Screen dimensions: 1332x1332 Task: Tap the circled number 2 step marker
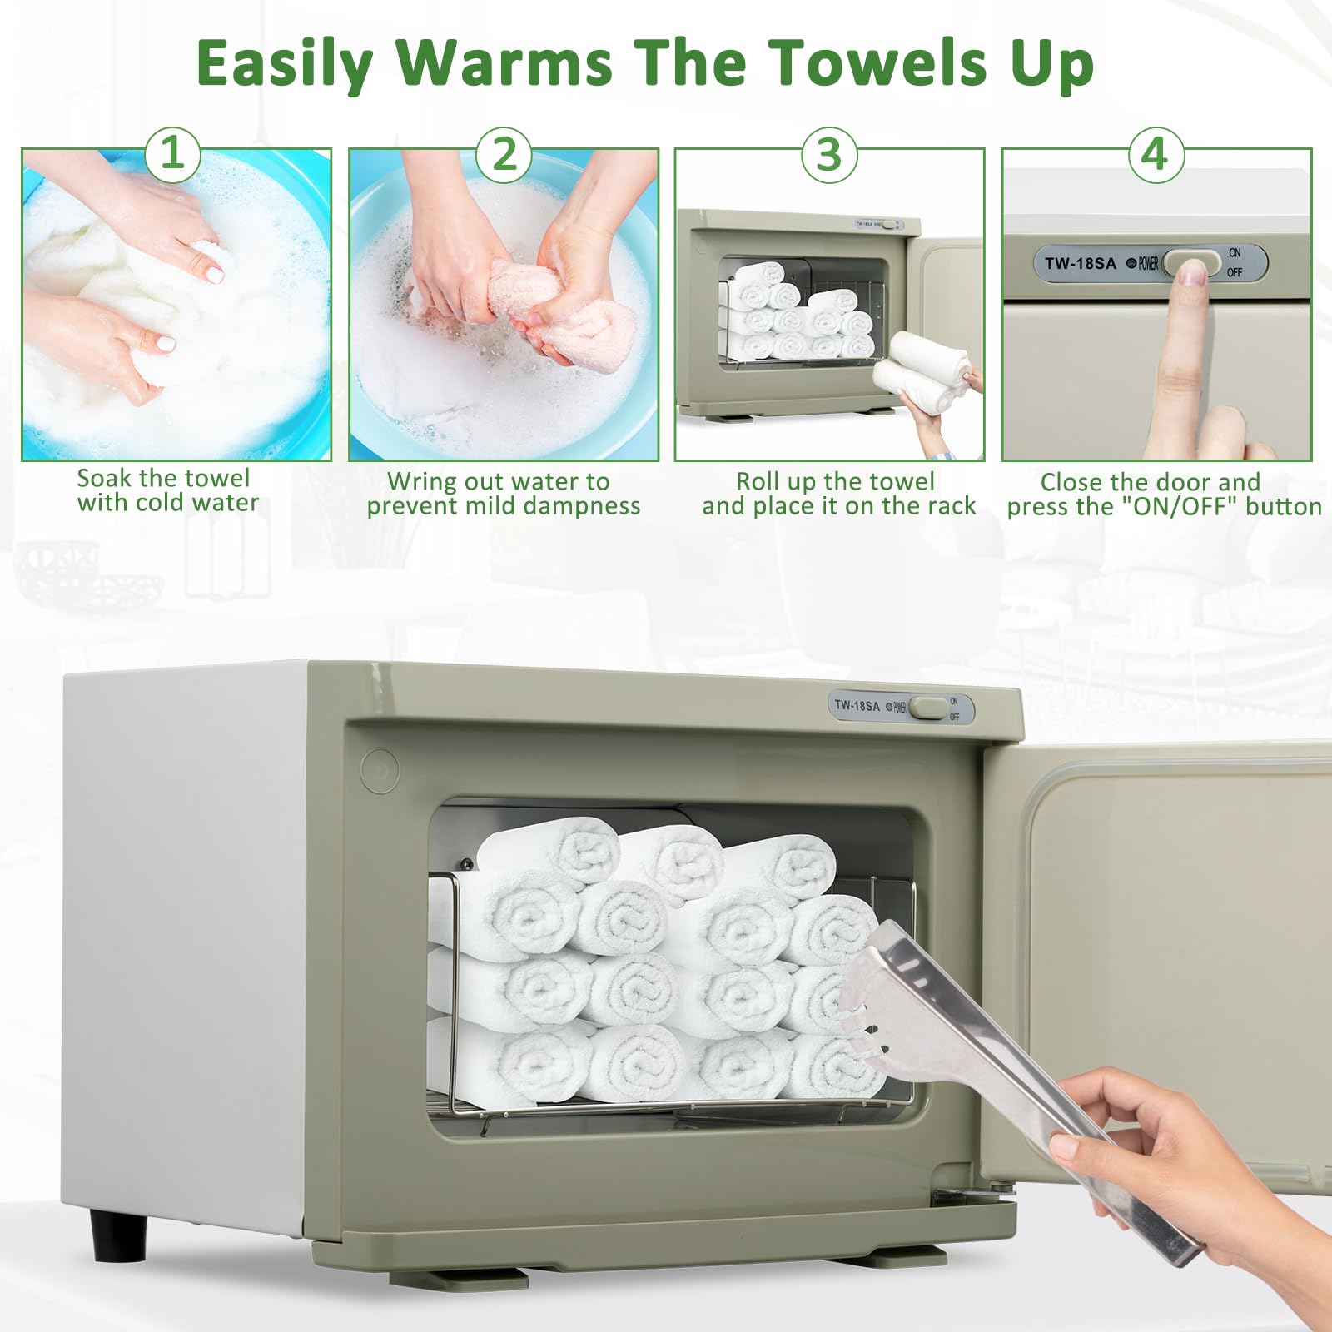(504, 155)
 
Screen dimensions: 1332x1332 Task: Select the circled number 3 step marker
(829, 155)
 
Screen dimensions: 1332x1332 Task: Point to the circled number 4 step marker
(1156, 155)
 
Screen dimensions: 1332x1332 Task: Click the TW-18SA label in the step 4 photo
(1080, 263)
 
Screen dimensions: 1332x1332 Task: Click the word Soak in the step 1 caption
(105, 479)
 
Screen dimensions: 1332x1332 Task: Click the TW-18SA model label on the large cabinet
(857, 706)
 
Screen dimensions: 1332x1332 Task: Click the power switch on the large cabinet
(927, 708)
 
